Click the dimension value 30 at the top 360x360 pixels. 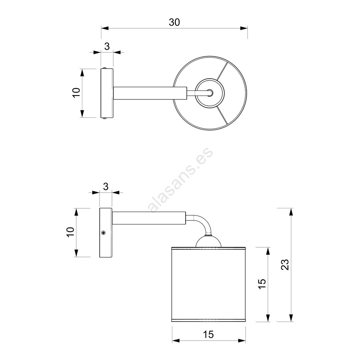coord(174,22)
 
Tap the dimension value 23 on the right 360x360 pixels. coord(285,264)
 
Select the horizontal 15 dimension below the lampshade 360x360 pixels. coord(208,335)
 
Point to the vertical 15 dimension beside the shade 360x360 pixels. coord(262,284)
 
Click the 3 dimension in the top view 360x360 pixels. coord(107,47)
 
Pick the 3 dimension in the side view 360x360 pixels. coord(106,187)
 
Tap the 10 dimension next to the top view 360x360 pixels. coord(76,93)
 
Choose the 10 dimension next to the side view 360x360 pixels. coord(70,232)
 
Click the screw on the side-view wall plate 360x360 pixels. coord(104,233)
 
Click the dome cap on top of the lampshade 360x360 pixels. coord(208,241)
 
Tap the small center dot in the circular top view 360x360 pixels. coord(210,93)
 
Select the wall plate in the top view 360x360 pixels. coord(107,93)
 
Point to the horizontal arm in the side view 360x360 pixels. coord(149,218)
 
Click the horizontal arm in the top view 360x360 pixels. coord(150,93)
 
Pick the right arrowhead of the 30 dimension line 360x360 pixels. coord(244,28)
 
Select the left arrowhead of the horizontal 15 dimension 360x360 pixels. coord(176,341)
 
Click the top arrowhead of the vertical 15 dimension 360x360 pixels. coord(268,251)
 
